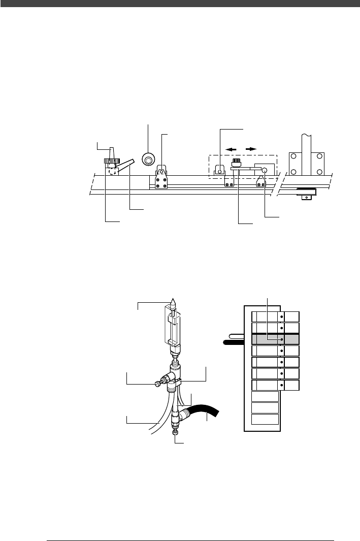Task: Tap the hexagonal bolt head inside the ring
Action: click(x=148, y=161)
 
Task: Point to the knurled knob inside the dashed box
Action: click(x=236, y=164)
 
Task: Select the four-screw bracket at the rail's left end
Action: click(x=160, y=178)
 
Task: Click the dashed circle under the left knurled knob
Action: click(x=114, y=171)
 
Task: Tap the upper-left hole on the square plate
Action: click(x=293, y=156)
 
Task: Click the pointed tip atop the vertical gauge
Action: click(x=173, y=301)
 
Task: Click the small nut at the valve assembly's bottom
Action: click(x=176, y=433)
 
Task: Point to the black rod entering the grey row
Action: click(x=237, y=342)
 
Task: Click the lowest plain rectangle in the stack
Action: click(x=265, y=419)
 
